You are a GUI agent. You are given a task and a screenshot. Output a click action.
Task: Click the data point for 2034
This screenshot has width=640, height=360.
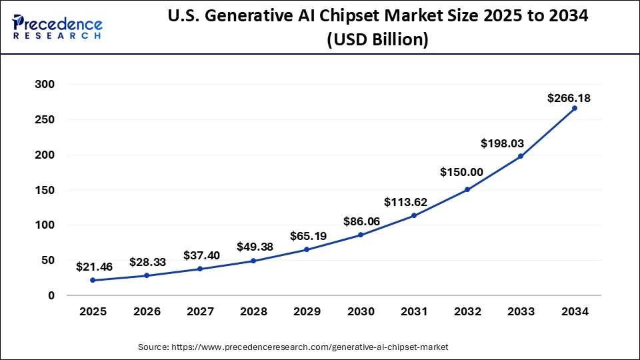[574, 108]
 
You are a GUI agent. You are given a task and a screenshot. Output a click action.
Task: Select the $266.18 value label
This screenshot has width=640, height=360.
[569, 98]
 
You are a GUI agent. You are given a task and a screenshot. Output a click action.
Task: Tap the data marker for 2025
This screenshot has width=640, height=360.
[93, 280]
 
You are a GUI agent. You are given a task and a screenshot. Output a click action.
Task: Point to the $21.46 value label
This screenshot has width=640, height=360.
[94, 267]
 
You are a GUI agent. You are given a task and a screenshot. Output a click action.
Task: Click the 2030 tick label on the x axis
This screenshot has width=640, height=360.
[360, 311]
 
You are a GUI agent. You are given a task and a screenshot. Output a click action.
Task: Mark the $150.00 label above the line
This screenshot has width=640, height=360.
[461, 172]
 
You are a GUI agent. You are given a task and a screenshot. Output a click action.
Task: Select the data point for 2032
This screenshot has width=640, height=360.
[467, 189]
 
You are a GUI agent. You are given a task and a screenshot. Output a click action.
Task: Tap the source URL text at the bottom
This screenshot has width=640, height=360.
[293, 347]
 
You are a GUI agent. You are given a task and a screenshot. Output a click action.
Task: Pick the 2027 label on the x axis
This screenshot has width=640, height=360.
[199, 311]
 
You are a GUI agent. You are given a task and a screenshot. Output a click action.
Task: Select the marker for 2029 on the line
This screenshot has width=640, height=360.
[307, 249]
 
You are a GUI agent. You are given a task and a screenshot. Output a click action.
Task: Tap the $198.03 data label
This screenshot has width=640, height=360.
[515, 143]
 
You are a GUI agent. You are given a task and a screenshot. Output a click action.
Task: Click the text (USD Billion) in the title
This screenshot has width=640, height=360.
[377, 40]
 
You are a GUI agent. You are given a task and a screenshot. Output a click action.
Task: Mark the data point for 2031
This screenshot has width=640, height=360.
[413, 215]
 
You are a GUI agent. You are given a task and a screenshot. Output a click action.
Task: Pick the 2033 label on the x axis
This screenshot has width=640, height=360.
[521, 311]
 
